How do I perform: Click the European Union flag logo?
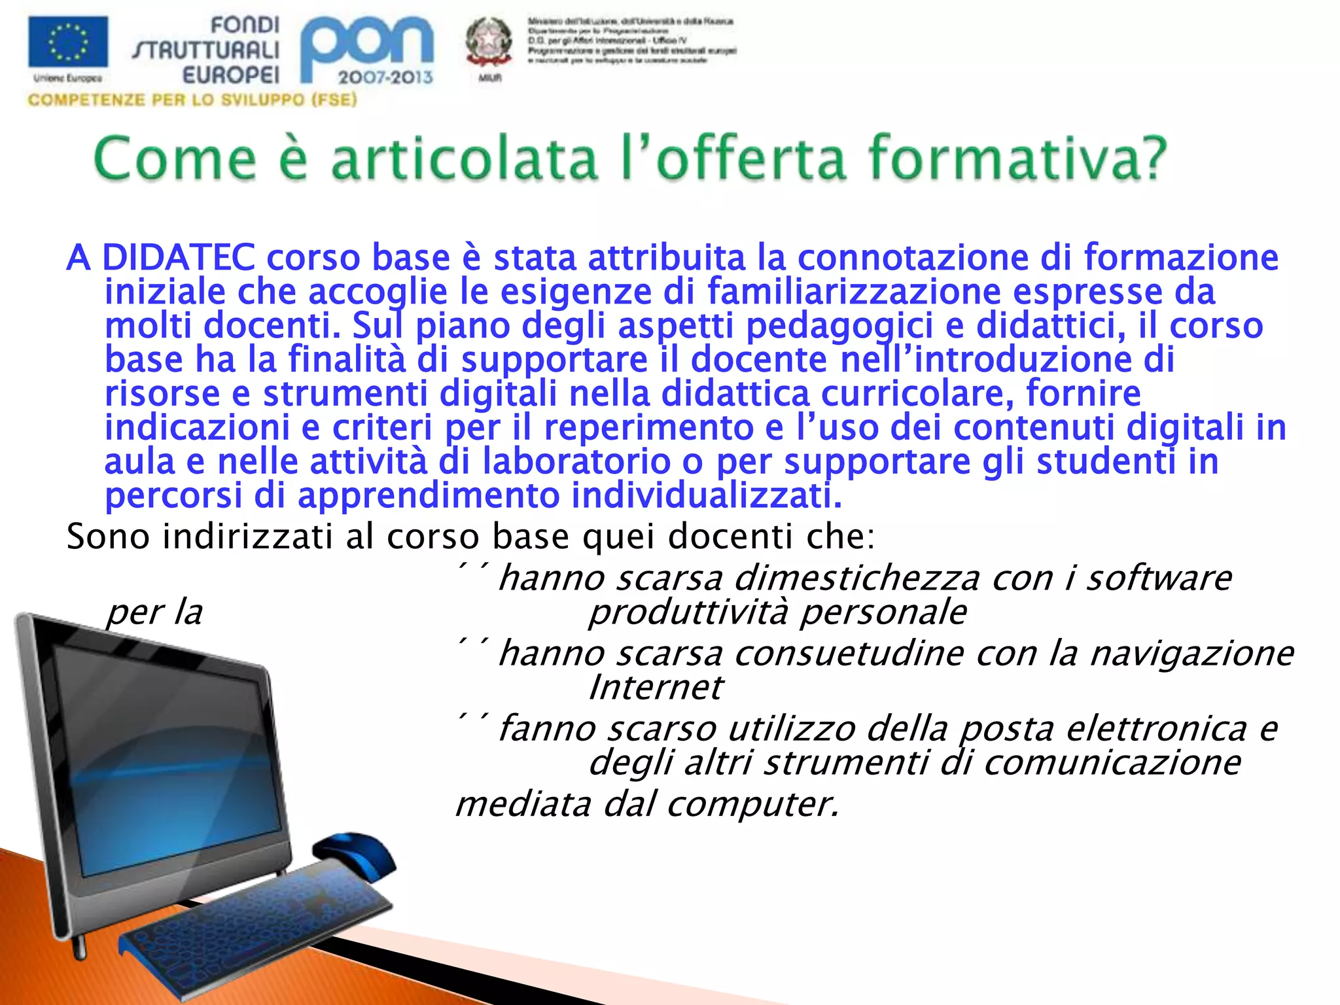pos(68,42)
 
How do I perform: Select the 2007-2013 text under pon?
pos(385,77)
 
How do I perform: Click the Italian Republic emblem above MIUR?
pos(488,41)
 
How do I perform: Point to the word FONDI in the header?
pos(245,26)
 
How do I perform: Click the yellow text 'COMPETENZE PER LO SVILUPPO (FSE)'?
pos(192,100)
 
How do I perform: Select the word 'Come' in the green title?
pos(175,158)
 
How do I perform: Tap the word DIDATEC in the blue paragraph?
pos(179,257)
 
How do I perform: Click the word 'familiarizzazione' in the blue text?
pos(854,291)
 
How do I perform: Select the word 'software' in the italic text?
pos(1159,578)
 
